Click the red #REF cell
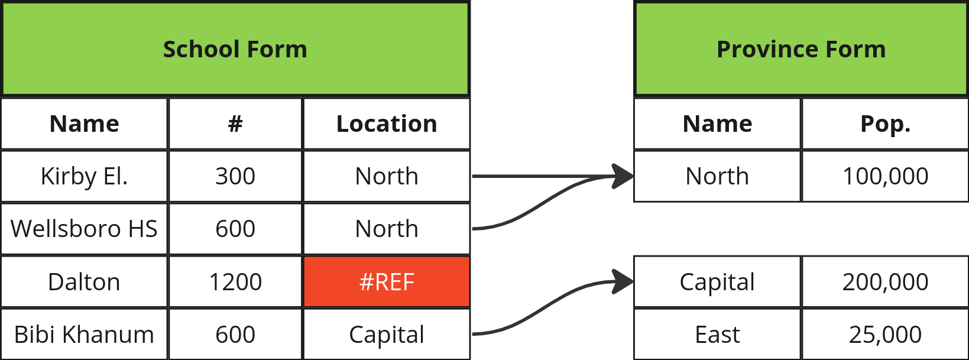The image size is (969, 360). tap(387, 281)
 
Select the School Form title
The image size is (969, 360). tap(235, 49)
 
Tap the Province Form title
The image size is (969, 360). tap(801, 49)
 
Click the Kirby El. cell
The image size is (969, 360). tap(85, 176)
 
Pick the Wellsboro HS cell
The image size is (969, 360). tap(85, 229)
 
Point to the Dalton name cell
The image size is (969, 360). tap(85, 281)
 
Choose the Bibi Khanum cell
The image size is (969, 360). tap(85, 334)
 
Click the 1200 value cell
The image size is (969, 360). tap(235, 281)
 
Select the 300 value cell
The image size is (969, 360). tap(235, 176)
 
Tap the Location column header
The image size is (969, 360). tap(387, 124)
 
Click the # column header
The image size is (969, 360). tap(235, 124)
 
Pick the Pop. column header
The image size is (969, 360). tap(885, 124)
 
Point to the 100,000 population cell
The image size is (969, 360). tap(885, 176)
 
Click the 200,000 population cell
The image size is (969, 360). tap(885, 281)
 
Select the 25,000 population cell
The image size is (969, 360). tap(885, 334)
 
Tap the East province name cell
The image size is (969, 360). tap(717, 334)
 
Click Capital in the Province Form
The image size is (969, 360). tap(717, 281)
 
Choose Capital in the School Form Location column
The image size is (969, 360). tap(387, 334)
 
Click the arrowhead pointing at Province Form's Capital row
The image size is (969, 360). tap(622, 281)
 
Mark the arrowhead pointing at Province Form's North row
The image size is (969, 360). tap(622, 176)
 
